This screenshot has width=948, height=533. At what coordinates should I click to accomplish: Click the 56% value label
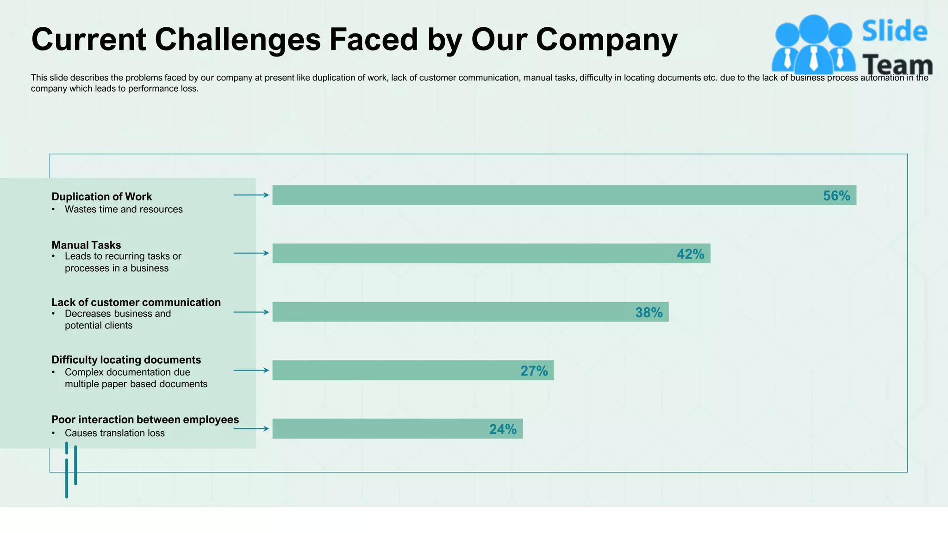(836, 196)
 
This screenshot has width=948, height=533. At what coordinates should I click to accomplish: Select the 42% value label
(690, 254)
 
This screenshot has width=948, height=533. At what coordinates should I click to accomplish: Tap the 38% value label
(649, 313)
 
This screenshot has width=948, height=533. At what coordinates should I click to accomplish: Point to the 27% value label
(534, 371)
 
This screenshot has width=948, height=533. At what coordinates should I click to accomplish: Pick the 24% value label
(503, 429)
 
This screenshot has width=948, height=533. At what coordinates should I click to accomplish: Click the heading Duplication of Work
(101, 197)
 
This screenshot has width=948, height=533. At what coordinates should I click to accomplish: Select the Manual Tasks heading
(86, 245)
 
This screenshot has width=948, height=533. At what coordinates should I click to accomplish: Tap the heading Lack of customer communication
(136, 303)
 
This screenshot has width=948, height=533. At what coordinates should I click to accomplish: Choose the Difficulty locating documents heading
(126, 360)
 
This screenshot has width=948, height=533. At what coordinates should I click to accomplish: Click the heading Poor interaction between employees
(145, 420)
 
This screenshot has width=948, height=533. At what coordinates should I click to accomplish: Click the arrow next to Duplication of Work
(251, 195)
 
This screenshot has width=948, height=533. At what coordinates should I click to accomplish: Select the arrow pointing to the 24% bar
(251, 429)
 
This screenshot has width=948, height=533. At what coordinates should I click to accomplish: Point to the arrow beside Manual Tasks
(251, 253)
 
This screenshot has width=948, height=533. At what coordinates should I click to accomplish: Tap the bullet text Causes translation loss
(114, 433)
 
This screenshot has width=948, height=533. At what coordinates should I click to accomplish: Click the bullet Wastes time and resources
(124, 210)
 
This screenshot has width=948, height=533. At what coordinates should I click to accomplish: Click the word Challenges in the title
(237, 39)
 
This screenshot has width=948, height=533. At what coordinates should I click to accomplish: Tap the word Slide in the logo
(894, 31)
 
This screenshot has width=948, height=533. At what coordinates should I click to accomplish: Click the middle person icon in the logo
(813, 44)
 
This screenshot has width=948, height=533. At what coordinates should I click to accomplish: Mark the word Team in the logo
(897, 65)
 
